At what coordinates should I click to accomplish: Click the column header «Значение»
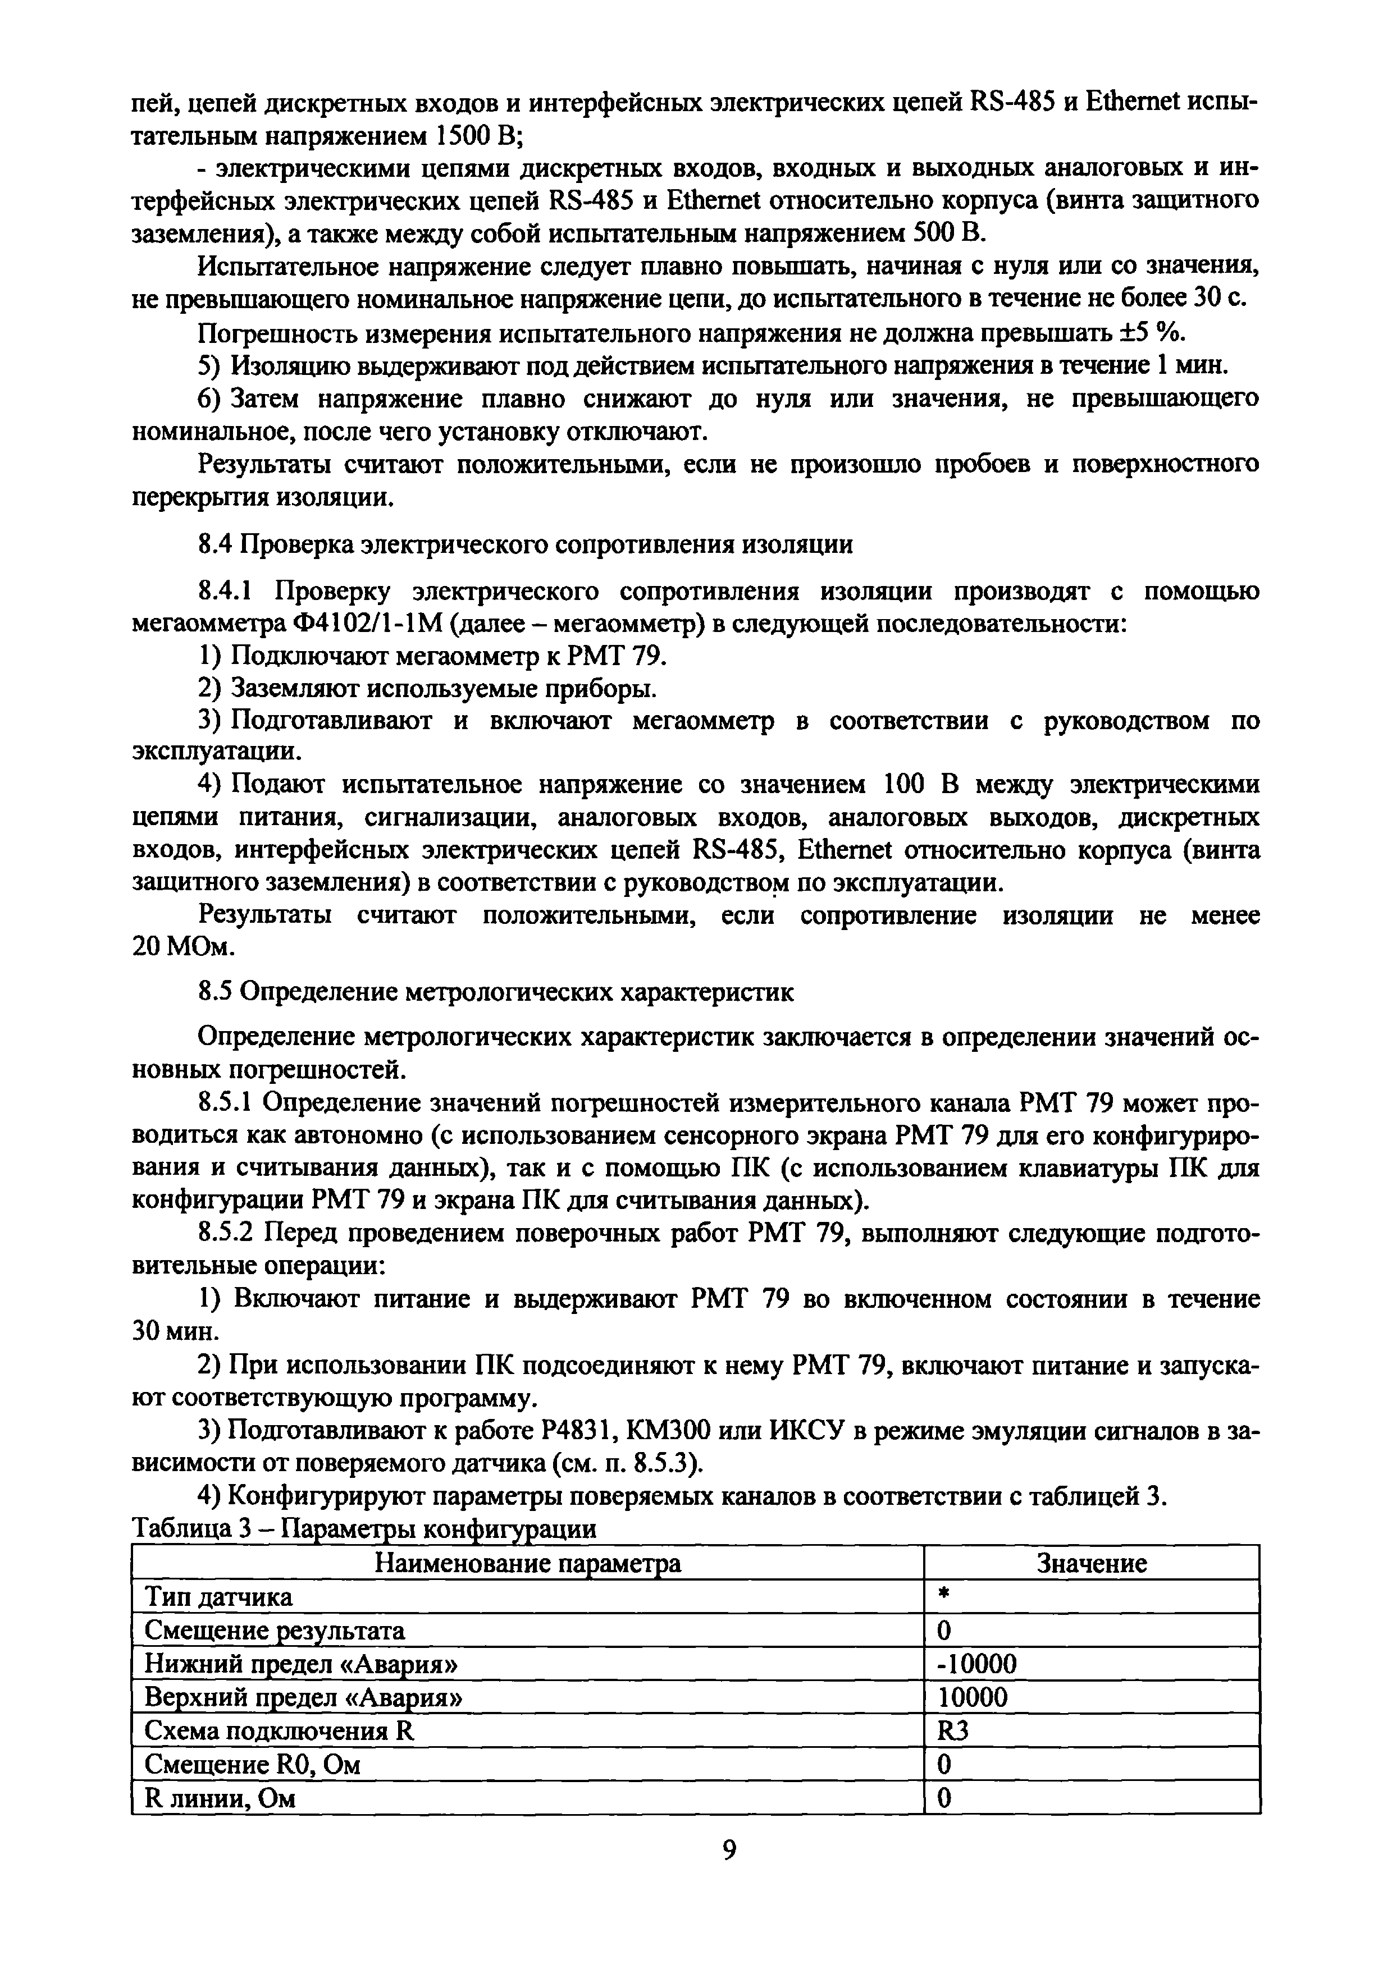click(1091, 1563)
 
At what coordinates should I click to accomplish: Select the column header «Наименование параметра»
click(528, 1563)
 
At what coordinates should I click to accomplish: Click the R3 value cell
click(953, 1730)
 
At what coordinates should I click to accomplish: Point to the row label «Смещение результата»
click(275, 1630)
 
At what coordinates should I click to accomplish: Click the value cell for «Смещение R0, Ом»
click(944, 1764)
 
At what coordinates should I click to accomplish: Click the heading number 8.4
click(216, 544)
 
